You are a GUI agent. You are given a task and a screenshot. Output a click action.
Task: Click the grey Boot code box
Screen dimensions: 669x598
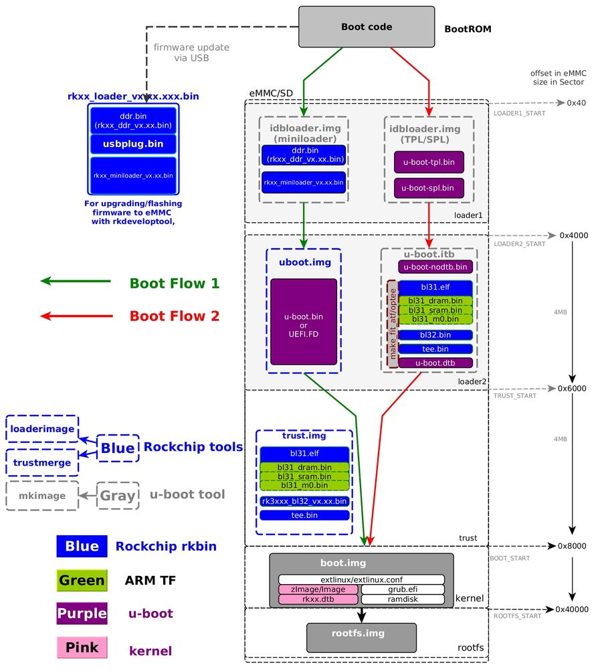367,27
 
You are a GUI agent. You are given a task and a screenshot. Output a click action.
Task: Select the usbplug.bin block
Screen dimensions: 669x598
133,144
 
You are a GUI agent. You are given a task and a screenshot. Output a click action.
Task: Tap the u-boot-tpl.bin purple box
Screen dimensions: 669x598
429,163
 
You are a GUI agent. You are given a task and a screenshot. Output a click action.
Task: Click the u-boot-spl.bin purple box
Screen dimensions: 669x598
429,188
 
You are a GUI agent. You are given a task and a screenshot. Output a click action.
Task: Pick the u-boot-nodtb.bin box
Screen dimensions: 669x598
435,267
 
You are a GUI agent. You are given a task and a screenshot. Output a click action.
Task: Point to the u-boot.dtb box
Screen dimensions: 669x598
435,363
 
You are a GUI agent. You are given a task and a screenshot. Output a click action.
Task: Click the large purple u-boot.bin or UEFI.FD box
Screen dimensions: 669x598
304,322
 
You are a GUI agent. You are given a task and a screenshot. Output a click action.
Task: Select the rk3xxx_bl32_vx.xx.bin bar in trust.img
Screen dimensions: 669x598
304,501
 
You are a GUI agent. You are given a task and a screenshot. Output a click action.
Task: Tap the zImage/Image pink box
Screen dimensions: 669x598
318,589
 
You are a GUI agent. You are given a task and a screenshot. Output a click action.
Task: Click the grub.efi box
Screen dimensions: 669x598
403,589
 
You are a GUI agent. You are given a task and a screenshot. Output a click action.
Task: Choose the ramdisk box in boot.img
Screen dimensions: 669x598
403,599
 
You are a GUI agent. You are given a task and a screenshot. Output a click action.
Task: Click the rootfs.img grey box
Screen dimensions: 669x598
361,638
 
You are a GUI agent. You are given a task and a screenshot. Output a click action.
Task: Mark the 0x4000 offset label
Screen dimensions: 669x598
573,235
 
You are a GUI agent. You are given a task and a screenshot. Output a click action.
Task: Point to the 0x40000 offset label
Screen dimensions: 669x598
572,609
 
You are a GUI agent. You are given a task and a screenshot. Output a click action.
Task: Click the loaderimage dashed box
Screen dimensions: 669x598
41,429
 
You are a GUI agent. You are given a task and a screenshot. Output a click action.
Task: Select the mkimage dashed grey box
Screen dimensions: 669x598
41,496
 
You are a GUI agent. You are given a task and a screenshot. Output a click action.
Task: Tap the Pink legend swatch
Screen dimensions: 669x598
82,648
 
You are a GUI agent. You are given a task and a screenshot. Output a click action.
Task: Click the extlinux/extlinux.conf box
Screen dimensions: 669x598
361,579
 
